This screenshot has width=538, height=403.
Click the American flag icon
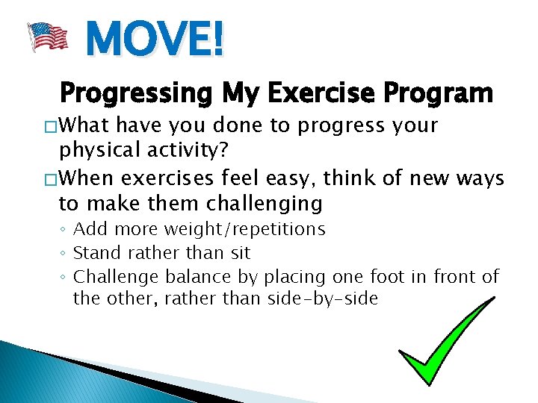[x=48, y=37]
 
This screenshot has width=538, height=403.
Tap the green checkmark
[x=446, y=340]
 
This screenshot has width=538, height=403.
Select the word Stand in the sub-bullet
[x=95, y=253]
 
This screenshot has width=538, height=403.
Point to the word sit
[x=237, y=253]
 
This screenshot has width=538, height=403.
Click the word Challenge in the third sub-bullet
[x=116, y=277]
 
